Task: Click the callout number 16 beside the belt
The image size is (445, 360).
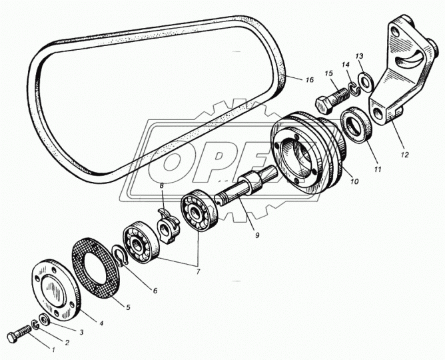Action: (310, 80)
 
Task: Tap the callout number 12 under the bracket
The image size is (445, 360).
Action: (405, 155)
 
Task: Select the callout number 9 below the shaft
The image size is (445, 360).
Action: (257, 235)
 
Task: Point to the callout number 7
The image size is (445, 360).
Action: (198, 271)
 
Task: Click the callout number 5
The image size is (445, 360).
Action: (128, 307)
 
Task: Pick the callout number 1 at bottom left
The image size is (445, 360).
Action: (53, 350)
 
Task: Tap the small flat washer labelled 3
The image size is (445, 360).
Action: (45, 320)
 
